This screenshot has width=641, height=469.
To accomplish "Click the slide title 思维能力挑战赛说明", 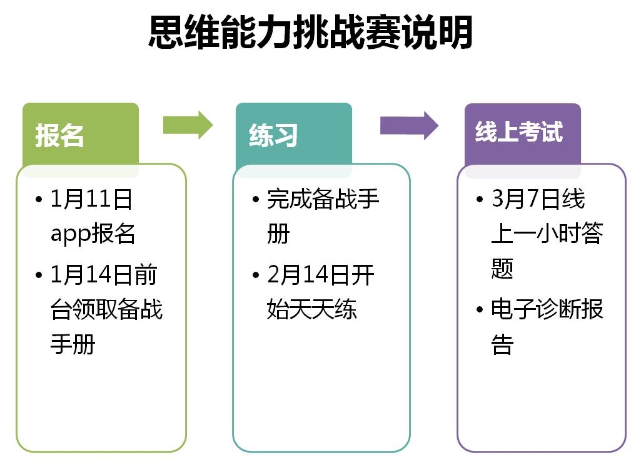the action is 311,32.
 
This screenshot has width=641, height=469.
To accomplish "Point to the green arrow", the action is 188,125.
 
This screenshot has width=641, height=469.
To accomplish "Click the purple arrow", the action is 409,125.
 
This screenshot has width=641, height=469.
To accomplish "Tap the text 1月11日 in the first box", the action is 91,199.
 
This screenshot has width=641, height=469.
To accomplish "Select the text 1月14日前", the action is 104,274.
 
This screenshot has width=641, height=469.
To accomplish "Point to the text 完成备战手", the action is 323,199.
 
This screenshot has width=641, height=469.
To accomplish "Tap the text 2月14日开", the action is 320,274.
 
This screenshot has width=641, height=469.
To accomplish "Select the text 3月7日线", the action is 538,199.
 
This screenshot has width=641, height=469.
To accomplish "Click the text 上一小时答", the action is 547,234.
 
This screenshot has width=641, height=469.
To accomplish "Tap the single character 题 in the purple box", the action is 502,269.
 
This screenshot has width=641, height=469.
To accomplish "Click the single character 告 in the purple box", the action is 502,344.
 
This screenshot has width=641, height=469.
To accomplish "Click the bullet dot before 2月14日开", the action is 256,275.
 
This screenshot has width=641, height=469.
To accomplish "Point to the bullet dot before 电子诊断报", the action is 480,310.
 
